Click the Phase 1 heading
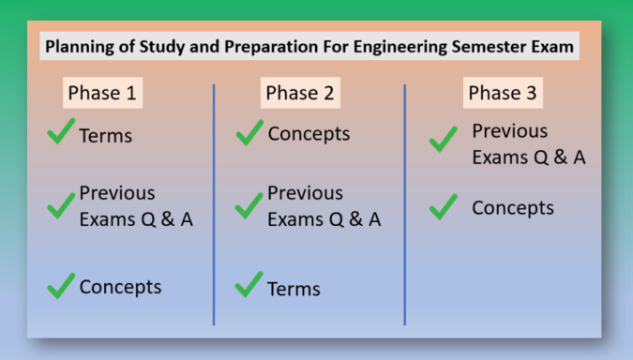[104, 94]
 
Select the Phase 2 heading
[299, 94]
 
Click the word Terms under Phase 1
[105, 136]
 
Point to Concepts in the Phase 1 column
[120, 287]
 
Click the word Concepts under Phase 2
[309, 134]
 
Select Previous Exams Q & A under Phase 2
[324, 206]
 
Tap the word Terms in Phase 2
[294, 289]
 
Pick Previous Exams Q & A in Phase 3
[528, 144]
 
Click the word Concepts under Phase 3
[512, 208]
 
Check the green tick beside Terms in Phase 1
[61, 133]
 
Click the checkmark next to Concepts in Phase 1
[61, 284]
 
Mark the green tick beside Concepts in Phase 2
[249, 133]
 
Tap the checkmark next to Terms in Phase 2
[249, 285]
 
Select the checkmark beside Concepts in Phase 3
[444, 206]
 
